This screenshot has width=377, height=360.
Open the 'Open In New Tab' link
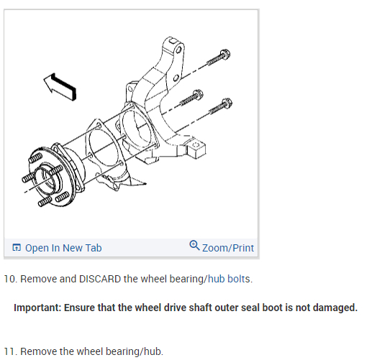(63, 248)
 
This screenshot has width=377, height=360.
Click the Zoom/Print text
(228, 248)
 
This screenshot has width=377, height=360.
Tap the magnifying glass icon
(194, 246)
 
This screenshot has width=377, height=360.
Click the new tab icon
(17, 248)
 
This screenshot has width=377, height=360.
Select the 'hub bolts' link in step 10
(230, 278)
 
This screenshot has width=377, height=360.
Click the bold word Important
(37, 308)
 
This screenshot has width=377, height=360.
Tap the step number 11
(10, 351)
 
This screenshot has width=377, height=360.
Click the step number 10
(10, 278)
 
